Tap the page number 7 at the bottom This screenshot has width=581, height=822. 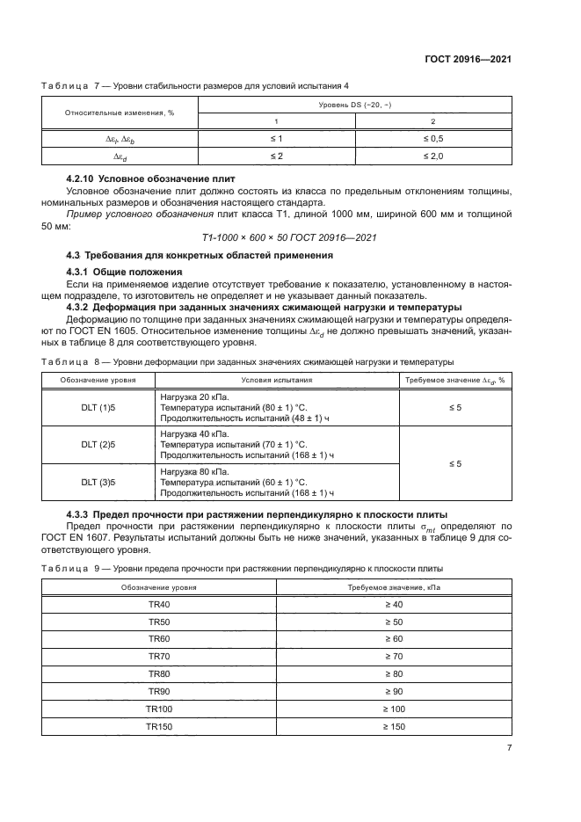pyautogui.click(x=509, y=747)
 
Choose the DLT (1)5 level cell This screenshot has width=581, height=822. pyautogui.click(x=98, y=408)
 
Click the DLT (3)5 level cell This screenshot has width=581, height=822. pyautogui.click(x=98, y=482)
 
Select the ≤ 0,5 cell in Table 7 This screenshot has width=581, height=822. pyautogui.click(x=432, y=139)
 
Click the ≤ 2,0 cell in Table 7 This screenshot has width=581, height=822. pyautogui.click(x=432, y=156)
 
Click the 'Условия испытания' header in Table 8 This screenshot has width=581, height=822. pyautogui.click(x=277, y=380)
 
